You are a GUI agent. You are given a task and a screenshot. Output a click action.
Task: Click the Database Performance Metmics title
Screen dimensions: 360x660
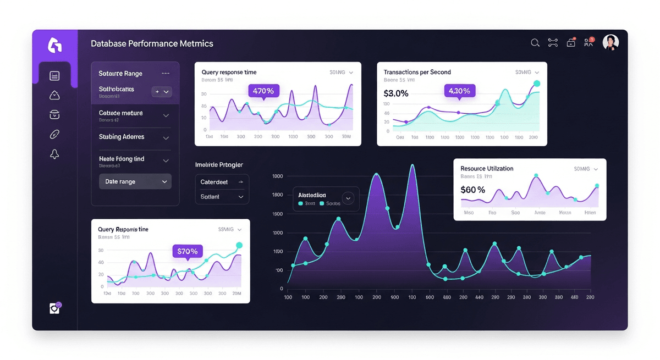tap(152, 43)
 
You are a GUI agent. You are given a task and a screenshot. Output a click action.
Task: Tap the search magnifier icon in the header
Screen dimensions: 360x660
tap(535, 43)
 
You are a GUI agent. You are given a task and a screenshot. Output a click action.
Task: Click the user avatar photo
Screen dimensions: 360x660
tap(610, 42)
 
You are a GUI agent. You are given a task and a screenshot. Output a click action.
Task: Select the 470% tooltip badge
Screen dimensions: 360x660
tap(264, 91)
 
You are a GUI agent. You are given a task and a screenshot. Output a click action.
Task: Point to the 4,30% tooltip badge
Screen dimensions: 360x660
tap(459, 91)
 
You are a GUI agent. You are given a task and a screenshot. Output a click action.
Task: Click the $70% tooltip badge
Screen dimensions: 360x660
tap(188, 251)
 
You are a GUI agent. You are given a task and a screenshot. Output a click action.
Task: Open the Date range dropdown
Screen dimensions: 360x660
tap(135, 181)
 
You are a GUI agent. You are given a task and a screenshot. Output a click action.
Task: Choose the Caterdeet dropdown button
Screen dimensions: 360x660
tap(222, 181)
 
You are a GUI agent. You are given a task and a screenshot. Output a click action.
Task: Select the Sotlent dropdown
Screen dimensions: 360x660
tap(222, 197)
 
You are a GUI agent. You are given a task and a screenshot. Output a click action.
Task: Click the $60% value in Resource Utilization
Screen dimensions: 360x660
tap(473, 190)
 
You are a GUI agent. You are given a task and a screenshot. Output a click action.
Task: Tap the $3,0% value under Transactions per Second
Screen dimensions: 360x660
tap(396, 93)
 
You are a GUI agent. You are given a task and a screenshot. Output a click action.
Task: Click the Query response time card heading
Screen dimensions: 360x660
tap(229, 72)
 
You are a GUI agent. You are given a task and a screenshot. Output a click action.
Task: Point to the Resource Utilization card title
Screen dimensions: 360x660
tap(487, 169)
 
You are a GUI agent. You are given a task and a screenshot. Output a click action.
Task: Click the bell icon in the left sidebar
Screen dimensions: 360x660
tap(54, 154)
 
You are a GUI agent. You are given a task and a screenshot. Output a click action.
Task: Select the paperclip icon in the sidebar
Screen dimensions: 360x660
tap(54, 135)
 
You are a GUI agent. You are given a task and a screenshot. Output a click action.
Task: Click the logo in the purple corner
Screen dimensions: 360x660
tap(54, 45)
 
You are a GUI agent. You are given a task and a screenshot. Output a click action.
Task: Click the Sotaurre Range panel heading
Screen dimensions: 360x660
tap(120, 74)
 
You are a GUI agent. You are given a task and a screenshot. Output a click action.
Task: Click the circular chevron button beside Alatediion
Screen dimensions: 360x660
tap(348, 198)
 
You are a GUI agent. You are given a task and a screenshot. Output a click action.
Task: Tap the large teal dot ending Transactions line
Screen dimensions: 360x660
tap(537, 84)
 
